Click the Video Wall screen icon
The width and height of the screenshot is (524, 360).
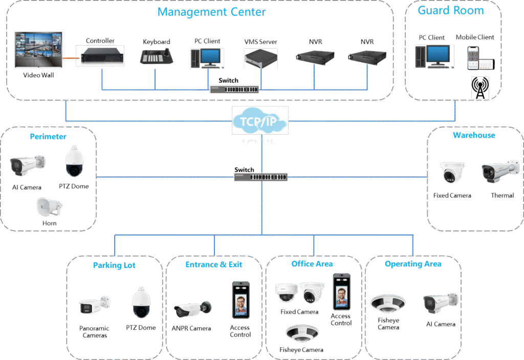[38, 50]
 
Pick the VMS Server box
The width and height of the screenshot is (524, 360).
[261, 58]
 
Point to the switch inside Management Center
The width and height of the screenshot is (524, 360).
[234, 89]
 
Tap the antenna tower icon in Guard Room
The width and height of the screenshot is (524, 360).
[480, 88]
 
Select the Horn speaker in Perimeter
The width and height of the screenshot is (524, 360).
[49, 207]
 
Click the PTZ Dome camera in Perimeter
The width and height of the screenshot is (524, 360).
[73, 161]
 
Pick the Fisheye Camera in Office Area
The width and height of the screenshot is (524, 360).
[302, 334]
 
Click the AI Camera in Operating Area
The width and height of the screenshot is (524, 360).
[440, 304]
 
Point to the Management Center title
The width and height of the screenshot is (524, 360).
[211, 11]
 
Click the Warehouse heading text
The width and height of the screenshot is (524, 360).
[473, 135]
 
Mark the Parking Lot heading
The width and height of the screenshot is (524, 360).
[114, 265]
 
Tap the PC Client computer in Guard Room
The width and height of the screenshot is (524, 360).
[434, 56]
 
